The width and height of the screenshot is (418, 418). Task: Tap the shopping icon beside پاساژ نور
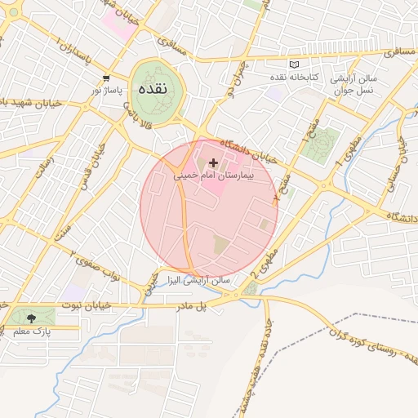106,78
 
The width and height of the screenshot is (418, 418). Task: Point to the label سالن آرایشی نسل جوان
353,85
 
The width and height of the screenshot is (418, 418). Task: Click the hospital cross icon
214,163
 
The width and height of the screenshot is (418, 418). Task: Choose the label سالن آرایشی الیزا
199,280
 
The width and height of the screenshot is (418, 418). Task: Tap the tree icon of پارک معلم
31,318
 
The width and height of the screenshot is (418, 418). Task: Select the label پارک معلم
32,332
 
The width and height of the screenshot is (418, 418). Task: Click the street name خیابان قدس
99,164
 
